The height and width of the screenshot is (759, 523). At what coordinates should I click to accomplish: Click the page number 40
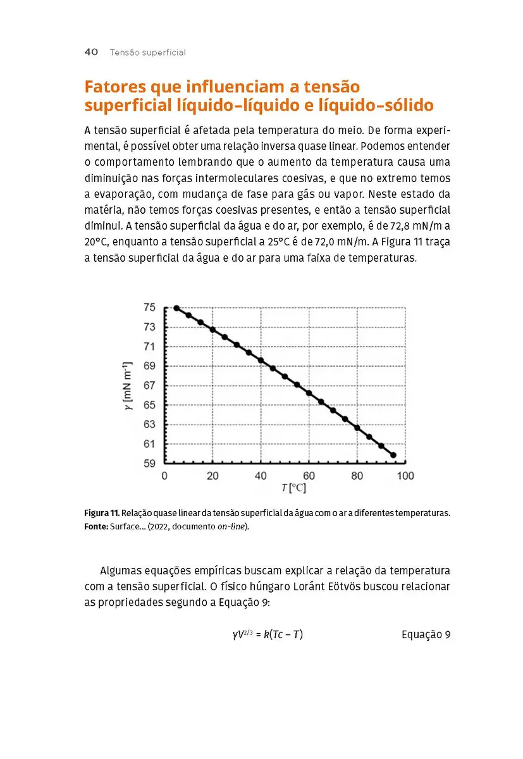(x=90, y=52)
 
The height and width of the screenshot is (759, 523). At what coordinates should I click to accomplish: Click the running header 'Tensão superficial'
(x=147, y=52)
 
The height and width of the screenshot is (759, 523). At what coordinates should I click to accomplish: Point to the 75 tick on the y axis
(x=149, y=307)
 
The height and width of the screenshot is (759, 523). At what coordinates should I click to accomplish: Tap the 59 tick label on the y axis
(x=149, y=464)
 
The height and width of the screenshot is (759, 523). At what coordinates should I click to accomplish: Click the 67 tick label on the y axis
(x=149, y=385)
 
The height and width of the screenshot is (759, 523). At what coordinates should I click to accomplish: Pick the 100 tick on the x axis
(x=405, y=476)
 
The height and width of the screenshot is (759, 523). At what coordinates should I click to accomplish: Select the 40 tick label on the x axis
(x=261, y=476)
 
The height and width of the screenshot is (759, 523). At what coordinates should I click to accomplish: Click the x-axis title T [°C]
(x=293, y=488)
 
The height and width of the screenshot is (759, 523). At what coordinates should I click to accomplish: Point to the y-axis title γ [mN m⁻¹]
(x=128, y=386)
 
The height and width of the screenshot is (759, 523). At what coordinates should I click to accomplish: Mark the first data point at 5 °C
(x=176, y=308)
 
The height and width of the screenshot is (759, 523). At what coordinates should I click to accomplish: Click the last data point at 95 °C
(x=393, y=455)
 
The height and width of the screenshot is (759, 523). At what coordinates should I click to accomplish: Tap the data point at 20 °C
(x=212, y=330)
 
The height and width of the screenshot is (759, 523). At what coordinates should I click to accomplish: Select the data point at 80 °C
(x=357, y=428)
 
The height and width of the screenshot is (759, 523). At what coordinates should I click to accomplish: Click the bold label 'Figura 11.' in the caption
(x=101, y=513)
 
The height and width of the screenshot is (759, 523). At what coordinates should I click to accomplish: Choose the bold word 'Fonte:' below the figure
(x=96, y=526)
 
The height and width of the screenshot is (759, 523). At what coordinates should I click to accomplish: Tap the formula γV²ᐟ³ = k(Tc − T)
(x=268, y=634)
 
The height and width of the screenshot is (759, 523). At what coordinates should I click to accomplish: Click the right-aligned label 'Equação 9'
(x=426, y=634)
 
